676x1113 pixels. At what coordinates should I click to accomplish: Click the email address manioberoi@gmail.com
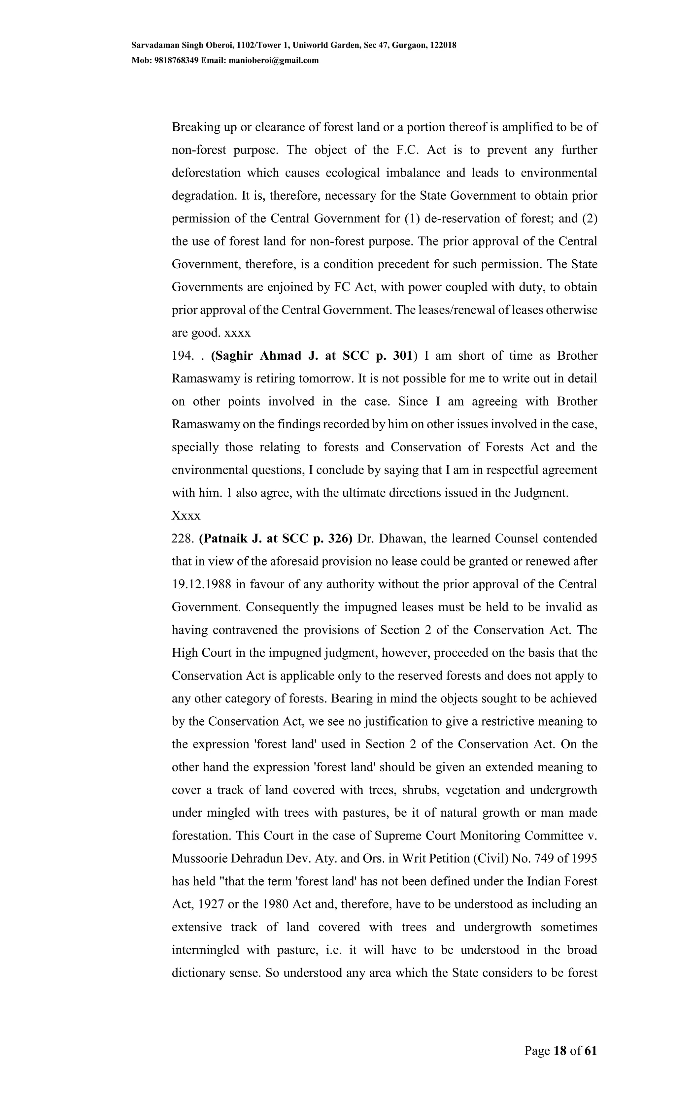click(x=274, y=60)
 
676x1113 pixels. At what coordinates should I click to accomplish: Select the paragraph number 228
click(x=183, y=539)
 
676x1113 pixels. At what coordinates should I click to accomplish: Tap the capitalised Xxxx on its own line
click(x=186, y=516)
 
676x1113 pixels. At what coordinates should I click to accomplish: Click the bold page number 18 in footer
click(x=559, y=1051)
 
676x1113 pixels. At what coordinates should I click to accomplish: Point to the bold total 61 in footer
click(x=591, y=1051)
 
